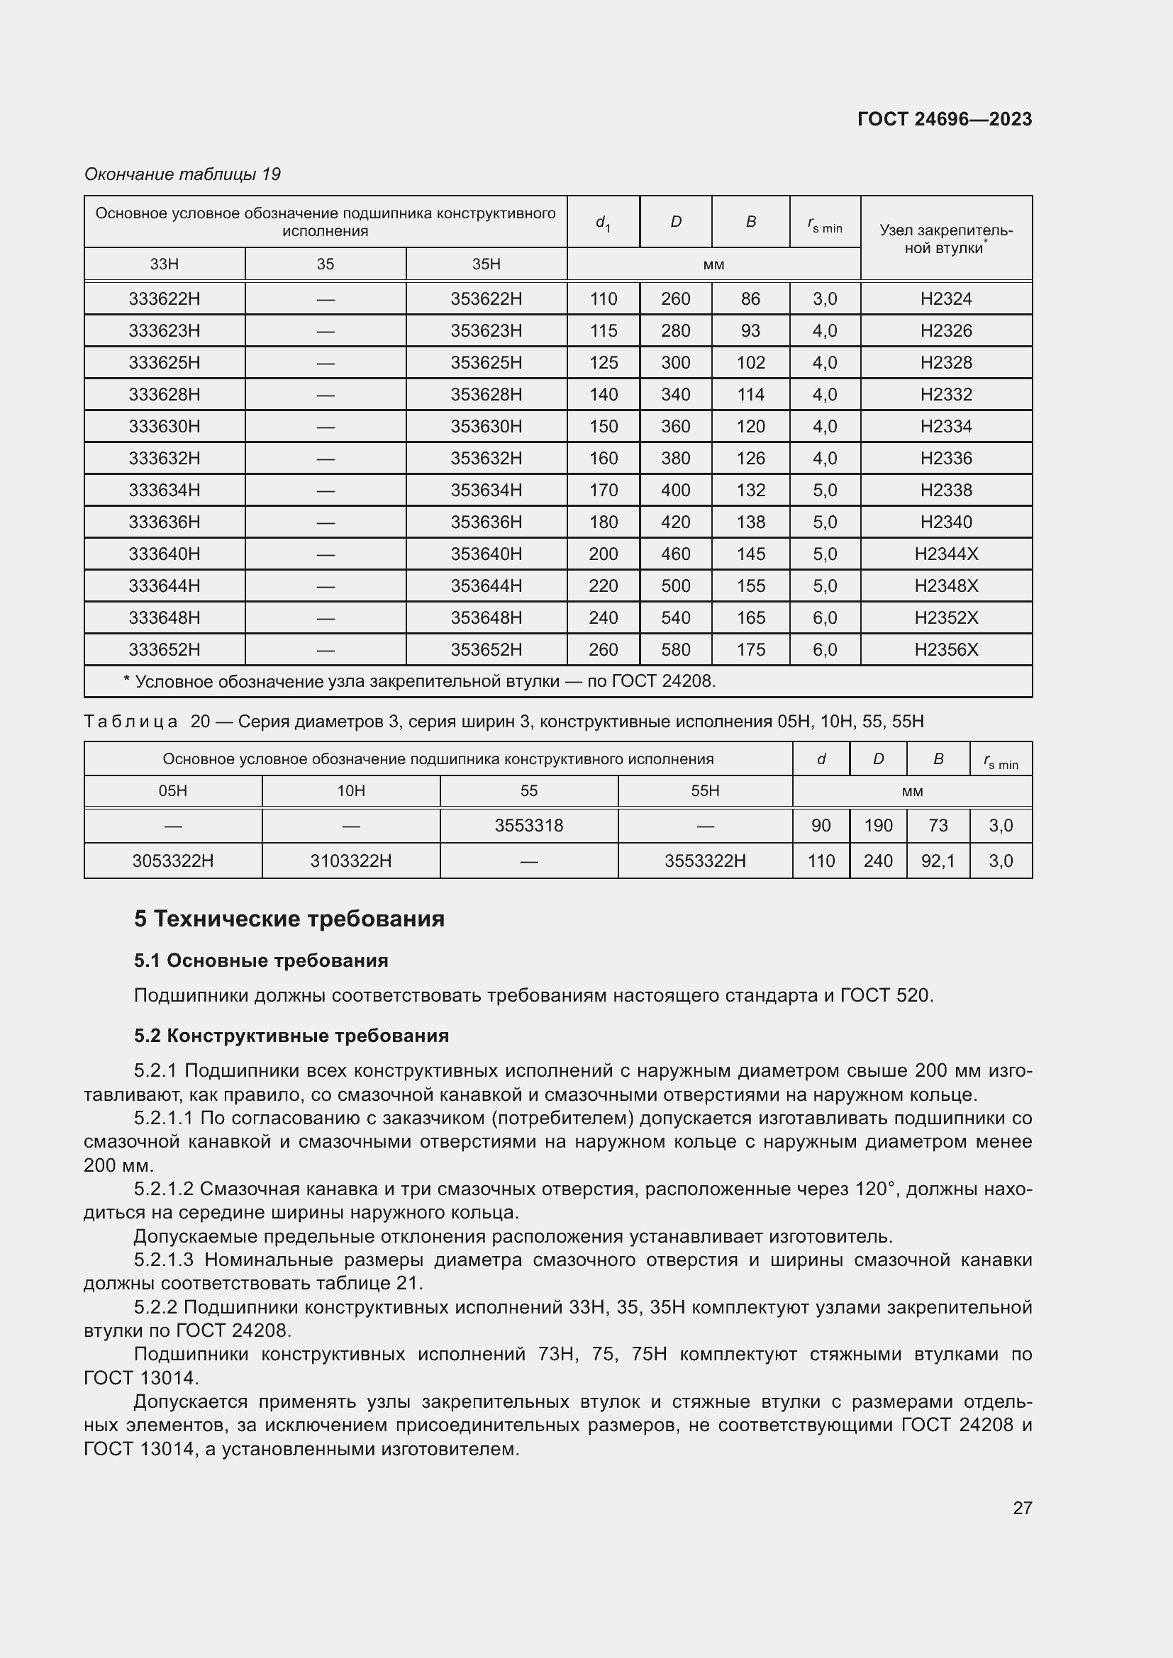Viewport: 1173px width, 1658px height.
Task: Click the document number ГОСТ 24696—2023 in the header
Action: click(x=944, y=119)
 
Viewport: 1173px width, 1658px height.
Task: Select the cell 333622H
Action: click(x=165, y=299)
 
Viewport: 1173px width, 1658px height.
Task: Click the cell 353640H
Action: click(x=486, y=554)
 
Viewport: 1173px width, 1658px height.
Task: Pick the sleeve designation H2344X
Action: click(x=945, y=554)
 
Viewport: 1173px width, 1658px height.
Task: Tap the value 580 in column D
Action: click(x=675, y=650)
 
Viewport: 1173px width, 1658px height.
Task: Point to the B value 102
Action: click(x=750, y=362)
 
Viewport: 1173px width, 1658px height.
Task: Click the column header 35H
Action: click(x=486, y=264)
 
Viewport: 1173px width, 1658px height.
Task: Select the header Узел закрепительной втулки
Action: click(x=945, y=239)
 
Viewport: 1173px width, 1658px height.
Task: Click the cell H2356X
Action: click(x=945, y=650)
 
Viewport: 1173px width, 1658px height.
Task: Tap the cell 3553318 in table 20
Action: click(x=529, y=825)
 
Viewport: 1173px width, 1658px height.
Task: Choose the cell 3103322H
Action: click(x=351, y=861)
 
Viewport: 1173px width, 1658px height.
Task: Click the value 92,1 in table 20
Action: click(x=938, y=861)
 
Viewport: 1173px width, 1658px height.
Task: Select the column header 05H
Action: click(x=172, y=792)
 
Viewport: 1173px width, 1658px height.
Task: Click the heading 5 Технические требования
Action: click(x=289, y=919)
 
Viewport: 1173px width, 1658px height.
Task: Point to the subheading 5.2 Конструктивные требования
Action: click(x=291, y=1036)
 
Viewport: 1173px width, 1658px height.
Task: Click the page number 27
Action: click(x=1022, y=1508)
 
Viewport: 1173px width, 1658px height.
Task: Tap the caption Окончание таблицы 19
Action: click(x=182, y=174)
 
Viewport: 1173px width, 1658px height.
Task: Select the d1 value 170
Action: click(x=603, y=491)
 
